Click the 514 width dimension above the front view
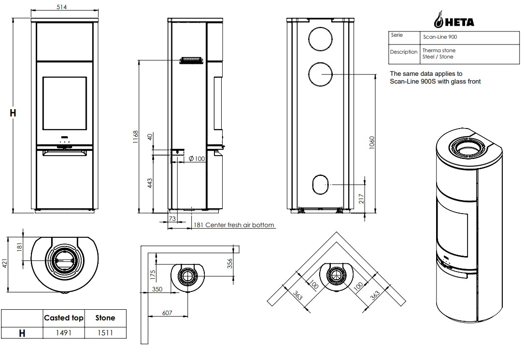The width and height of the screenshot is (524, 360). (x=61, y=7)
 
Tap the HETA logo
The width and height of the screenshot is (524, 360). (x=454, y=20)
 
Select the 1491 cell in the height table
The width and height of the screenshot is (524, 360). (x=63, y=333)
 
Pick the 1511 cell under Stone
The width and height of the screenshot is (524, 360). (x=105, y=333)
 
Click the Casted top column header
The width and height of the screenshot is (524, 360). (x=63, y=318)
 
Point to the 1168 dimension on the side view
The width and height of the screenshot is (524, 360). (x=136, y=137)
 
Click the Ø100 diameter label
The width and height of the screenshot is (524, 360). (x=197, y=158)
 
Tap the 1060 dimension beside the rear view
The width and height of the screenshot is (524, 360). (x=372, y=143)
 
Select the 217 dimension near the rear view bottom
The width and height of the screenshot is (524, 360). (x=361, y=199)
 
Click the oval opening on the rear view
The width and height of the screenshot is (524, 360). (x=321, y=185)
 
